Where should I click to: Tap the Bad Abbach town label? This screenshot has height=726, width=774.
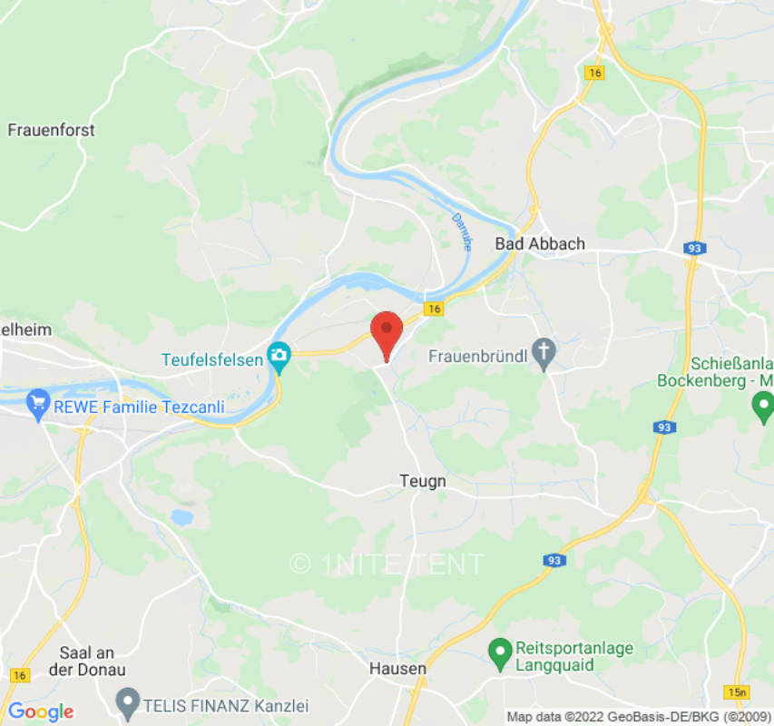tap(540, 243)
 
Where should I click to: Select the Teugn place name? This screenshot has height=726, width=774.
tap(423, 481)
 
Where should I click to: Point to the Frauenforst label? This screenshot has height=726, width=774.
tap(51, 130)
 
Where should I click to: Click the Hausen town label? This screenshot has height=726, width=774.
tap(397, 669)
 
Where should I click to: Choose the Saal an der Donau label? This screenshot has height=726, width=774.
tap(92, 661)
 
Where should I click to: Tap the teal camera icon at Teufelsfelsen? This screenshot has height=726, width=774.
tap(279, 358)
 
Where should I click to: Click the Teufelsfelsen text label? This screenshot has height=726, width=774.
tap(212, 359)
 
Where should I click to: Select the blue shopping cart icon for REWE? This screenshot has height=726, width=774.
tap(38, 406)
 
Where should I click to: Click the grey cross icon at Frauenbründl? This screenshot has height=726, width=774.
tap(544, 355)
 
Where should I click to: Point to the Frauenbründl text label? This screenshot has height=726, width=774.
tap(477, 356)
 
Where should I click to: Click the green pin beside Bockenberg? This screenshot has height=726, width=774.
tap(764, 405)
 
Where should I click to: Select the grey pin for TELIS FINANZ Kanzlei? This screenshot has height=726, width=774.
tap(128, 703)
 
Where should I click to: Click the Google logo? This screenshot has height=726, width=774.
tap(40, 711)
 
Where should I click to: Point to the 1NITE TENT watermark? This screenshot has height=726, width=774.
tap(387, 564)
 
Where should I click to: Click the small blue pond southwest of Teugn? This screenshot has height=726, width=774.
tap(182, 517)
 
